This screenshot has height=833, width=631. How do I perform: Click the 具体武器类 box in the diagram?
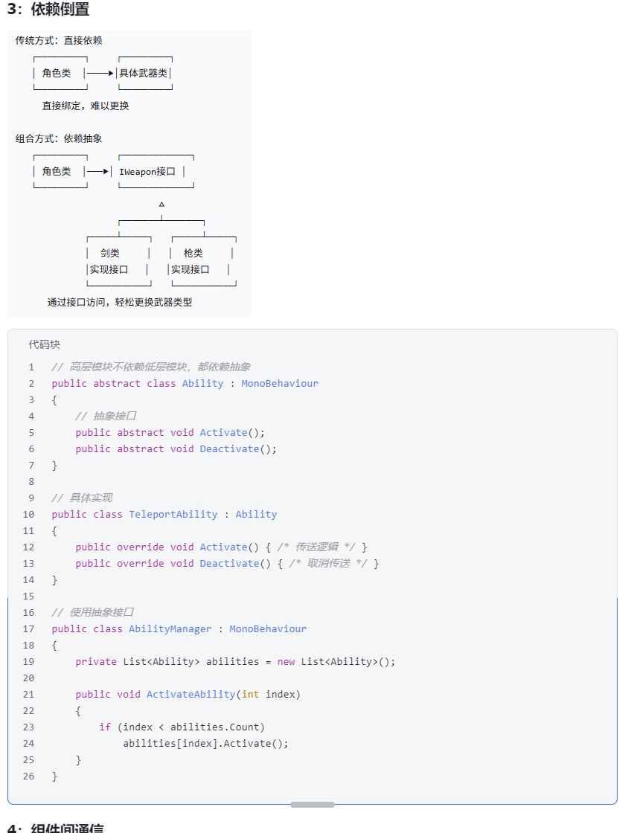(145, 73)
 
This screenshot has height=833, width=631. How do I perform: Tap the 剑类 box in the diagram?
(118, 261)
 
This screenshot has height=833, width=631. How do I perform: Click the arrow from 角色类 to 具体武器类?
(100, 73)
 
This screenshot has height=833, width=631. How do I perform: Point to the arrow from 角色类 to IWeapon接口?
(97, 171)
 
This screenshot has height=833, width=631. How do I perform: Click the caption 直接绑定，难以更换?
(85, 106)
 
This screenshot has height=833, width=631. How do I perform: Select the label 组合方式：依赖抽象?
(59, 138)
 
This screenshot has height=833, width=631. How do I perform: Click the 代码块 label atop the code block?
(45, 344)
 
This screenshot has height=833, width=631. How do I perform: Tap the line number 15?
(29, 596)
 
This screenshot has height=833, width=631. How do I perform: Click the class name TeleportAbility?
(173, 514)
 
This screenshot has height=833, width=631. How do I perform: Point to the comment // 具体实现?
(82, 498)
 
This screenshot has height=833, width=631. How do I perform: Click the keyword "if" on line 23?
(105, 727)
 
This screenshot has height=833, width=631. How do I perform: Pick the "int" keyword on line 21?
(251, 694)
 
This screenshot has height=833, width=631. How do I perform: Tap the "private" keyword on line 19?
(96, 661)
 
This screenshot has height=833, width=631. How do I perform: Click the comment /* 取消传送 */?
(328, 563)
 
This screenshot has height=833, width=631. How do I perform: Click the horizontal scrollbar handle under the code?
(313, 804)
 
